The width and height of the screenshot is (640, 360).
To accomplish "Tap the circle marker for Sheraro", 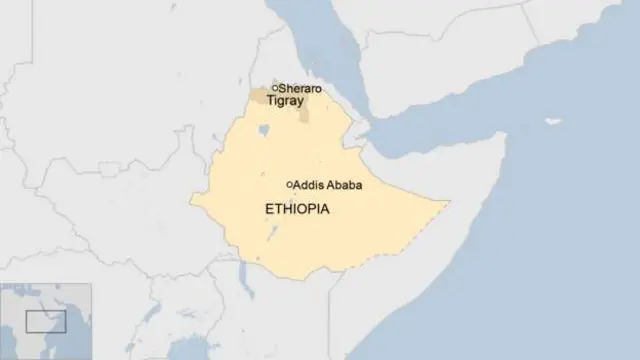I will coord(275,88).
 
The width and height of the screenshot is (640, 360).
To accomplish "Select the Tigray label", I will coord(285,100).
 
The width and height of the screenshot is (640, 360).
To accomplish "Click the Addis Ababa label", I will coord(328,185).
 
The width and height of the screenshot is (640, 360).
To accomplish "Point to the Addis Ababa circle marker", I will coord(290,184).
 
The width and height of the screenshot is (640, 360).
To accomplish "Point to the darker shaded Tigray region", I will coord(262,96).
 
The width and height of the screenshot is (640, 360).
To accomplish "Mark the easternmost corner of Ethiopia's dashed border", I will coord(449,203).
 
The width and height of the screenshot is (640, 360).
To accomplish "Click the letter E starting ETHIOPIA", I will coord(267,210).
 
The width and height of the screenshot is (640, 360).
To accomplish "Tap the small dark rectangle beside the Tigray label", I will coord(303,111).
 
